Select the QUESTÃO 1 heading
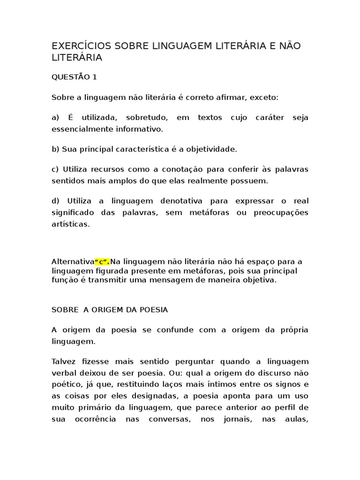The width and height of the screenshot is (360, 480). [x=74, y=77]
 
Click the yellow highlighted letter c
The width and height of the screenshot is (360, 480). [x=102, y=261]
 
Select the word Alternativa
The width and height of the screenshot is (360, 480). [x=73, y=261]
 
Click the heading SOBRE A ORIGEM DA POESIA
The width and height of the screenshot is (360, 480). [x=110, y=310]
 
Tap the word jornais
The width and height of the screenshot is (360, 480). [x=234, y=419]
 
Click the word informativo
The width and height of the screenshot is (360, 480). [x=140, y=129]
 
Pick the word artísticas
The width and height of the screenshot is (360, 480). [x=70, y=225]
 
